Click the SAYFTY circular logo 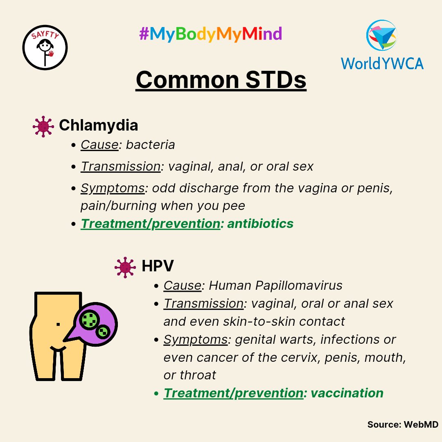[x=45, y=47]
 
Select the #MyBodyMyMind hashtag [x=210, y=34]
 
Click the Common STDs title [x=221, y=79]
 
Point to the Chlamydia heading [x=98, y=125]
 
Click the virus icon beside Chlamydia [x=43, y=126]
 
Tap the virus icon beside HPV [x=125, y=267]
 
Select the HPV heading [x=158, y=266]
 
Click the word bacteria [x=150, y=144]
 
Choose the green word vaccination [x=347, y=393]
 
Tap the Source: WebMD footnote [x=403, y=425]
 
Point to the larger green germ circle [x=89, y=319]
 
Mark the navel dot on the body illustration [x=58, y=324]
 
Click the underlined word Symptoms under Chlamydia [x=113, y=188]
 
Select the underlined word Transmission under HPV [x=203, y=304]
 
